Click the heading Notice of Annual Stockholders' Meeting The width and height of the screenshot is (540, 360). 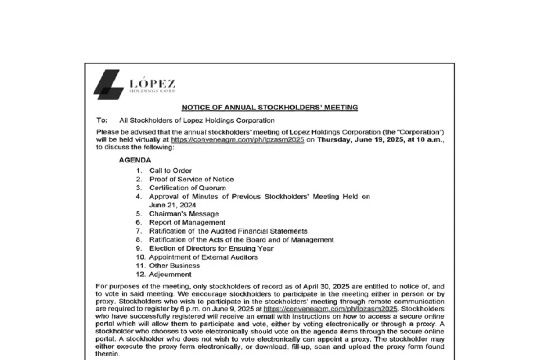[x=270, y=108]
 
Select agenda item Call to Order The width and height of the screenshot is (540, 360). [x=171, y=171]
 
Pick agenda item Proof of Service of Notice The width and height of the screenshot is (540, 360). [x=191, y=179]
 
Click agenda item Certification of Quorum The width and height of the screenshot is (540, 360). [x=188, y=188]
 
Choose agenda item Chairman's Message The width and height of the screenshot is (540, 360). [x=184, y=214]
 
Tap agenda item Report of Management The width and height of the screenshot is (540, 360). [x=187, y=222]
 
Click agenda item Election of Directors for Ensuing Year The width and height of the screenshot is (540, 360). [x=211, y=248]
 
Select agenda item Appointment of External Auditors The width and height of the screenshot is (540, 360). [x=203, y=257]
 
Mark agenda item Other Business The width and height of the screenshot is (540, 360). [x=175, y=265]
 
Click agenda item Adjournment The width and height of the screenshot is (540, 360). [x=170, y=274]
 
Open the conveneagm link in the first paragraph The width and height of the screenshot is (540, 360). [x=238, y=140]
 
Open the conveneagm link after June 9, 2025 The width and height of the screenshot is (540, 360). [x=330, y=309]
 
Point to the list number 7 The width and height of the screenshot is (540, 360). [x=139, y=231]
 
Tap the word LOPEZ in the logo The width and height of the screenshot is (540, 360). [x=152, y=84]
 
